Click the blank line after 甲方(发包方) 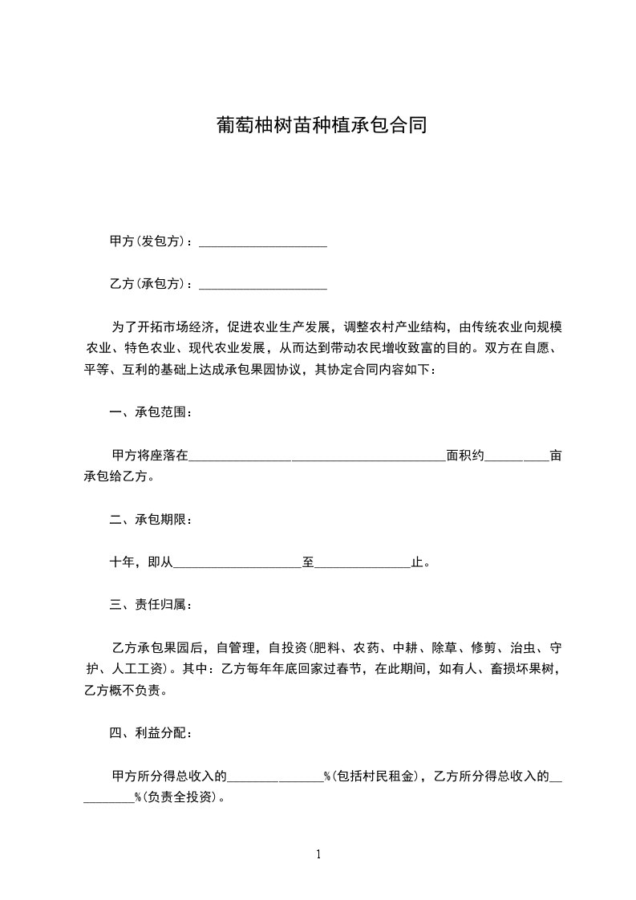pos(262,241)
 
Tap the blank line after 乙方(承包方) pos(262,284)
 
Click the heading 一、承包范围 pos(151,413)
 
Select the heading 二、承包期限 pos(151,520)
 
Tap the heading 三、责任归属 pos(151,604)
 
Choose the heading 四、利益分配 pos(151,733)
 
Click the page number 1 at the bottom pos(318,854)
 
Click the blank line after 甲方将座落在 pos(317,456)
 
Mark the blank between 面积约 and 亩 pos(517,456)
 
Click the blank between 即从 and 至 pos(237,563)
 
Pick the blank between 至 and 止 pos(363,563)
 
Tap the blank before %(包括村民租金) pos(275,776)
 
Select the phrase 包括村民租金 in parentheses pos(376,776)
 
